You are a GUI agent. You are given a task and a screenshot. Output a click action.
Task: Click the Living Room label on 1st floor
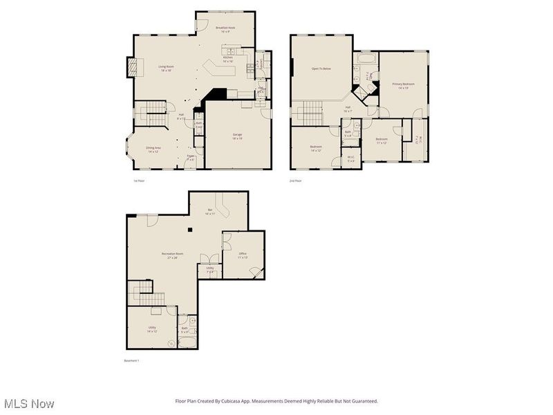click(165, 68)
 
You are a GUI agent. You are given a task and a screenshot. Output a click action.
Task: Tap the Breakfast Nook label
click(225, 30)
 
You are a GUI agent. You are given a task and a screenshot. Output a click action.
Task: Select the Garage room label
click(238, 136)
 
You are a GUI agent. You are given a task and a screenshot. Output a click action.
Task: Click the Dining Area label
click(153, 149)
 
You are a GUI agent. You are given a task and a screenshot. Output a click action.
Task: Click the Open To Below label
click(321, 68)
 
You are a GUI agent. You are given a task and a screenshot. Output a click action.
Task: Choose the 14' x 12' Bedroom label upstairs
click(316, 148)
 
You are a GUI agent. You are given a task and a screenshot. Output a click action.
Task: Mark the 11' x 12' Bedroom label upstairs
click(382, 140)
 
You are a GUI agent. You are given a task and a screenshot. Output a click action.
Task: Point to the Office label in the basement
click(243, 255)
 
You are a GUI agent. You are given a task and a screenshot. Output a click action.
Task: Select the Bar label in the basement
click(210, 212)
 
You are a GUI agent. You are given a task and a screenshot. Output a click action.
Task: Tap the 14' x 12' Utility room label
click(152, 329)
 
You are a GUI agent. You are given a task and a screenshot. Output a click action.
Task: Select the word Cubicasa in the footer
click(250, 400)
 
